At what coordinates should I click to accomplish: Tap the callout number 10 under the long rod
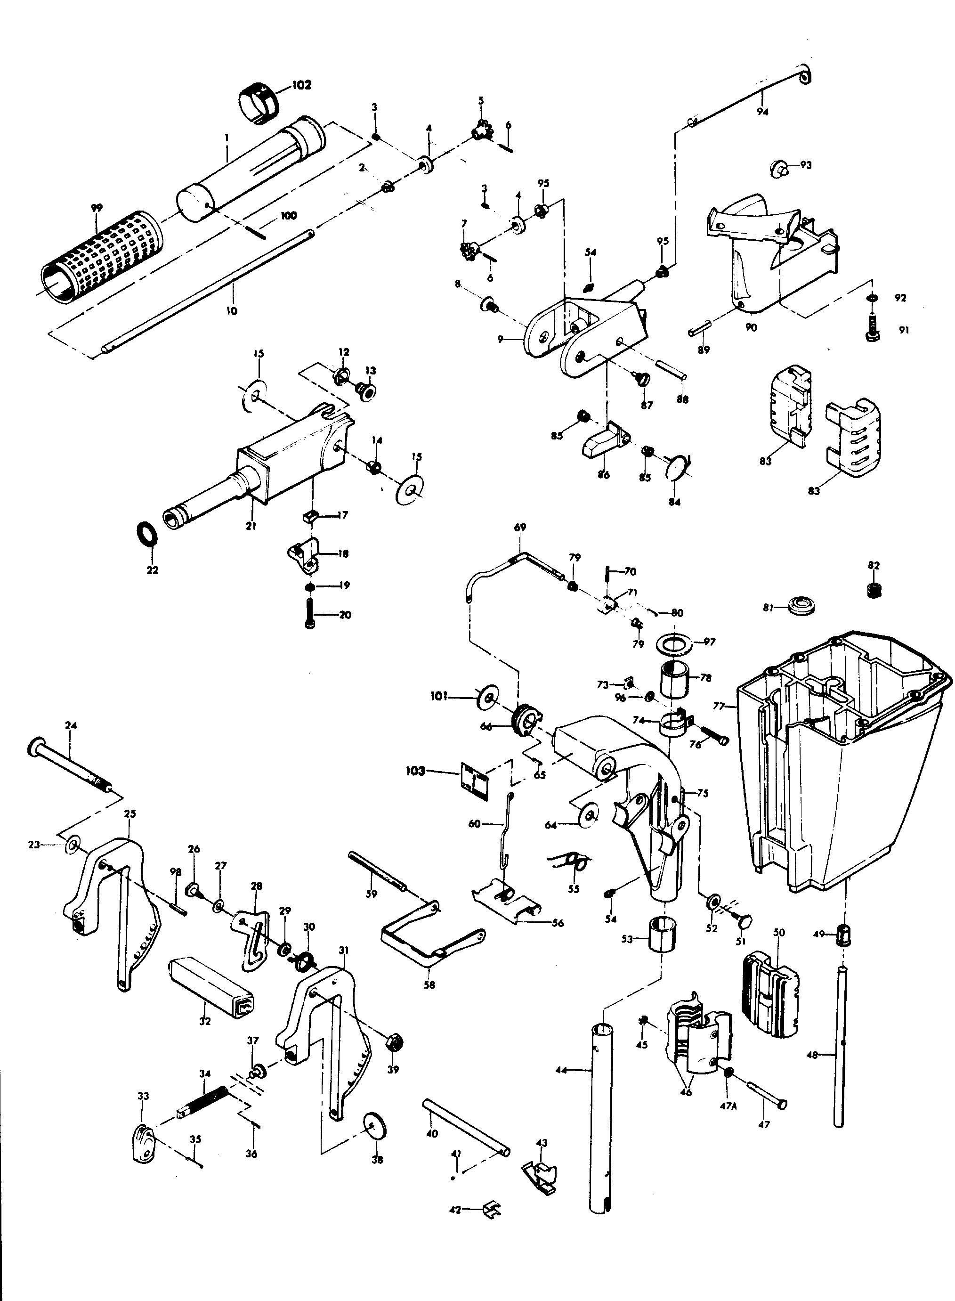point(231,311)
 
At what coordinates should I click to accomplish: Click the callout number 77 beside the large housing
point(718,706)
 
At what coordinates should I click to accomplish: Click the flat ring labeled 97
point(675,643)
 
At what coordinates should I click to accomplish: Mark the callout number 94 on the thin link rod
point(762,112)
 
